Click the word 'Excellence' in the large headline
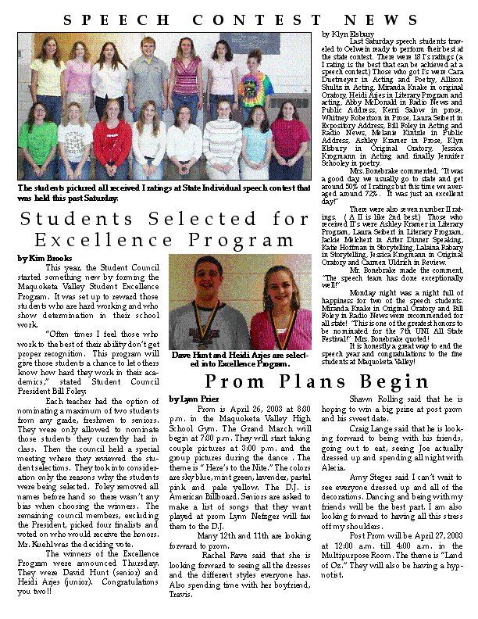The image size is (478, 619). click(92, 239)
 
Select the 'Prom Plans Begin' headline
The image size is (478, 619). click(316, 382)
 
